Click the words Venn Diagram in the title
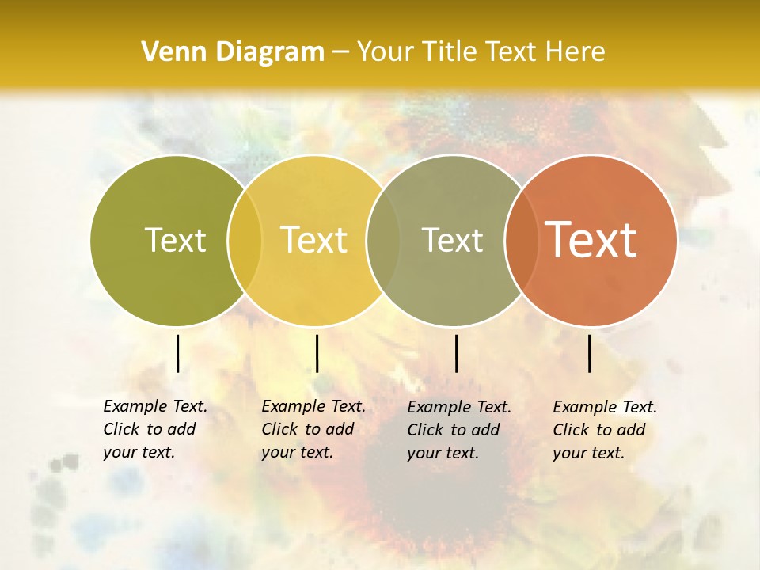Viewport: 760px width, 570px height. tap(233, 52)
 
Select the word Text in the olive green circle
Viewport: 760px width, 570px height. tap(175, 240)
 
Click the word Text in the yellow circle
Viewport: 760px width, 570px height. tap(314, 240)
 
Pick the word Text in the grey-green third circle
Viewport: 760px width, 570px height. tap(452, 240)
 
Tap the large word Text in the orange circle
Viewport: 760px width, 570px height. tap(591, 240)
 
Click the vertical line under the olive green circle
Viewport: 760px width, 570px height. tap(178, 353)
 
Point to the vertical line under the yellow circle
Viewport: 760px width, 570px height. tap(317, 353)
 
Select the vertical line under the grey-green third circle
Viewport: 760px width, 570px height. tap(456, 353)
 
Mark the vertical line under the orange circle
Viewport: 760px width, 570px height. tap(590, 353)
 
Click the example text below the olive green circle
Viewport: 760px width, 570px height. tap(154, 429)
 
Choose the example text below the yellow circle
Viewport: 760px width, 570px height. tap(313, 429)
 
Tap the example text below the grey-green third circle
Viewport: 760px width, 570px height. tap(458, 430)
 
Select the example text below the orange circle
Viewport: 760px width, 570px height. tap(604, 430)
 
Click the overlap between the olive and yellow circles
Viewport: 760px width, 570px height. tap(245, 240)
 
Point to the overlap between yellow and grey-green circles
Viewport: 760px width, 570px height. tap(383, 240)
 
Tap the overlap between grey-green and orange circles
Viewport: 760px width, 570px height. tap(522, 240)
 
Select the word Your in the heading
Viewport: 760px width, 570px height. tap(385, 52)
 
